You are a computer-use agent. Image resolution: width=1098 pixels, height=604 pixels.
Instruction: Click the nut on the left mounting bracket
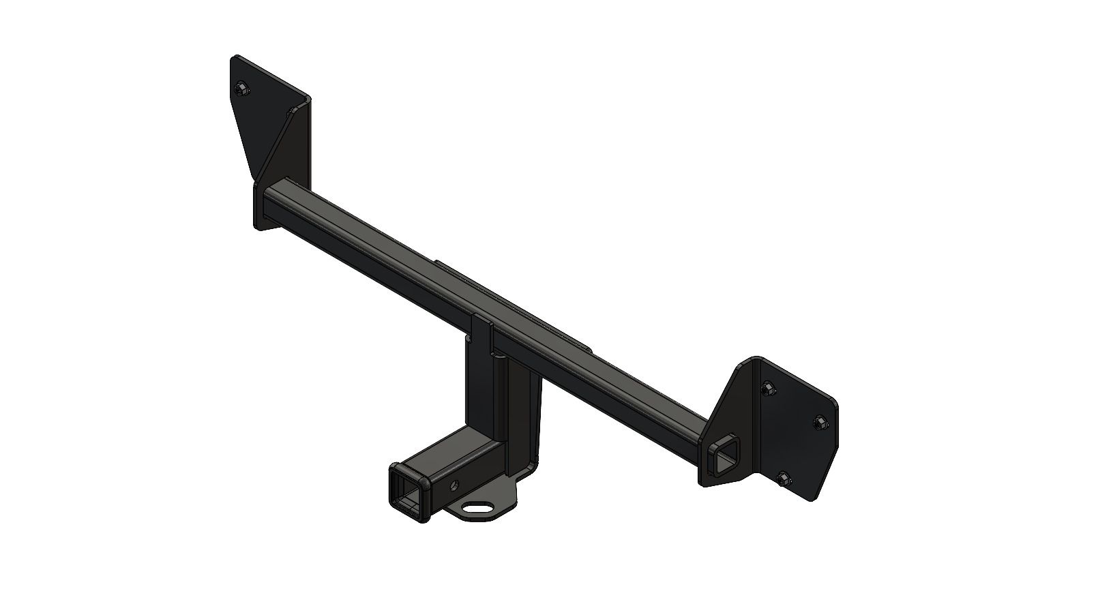241,89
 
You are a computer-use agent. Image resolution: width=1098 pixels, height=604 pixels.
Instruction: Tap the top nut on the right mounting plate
767,388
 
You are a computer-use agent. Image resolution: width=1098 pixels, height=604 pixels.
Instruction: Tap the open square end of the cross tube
726,455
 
